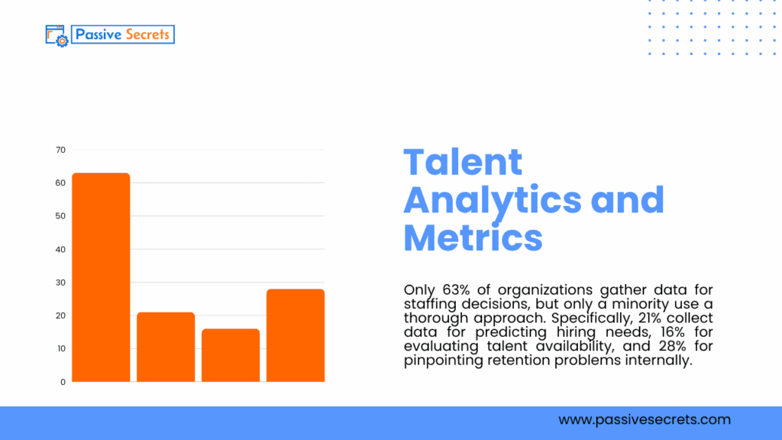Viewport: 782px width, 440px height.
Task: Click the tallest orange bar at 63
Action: coord(101,277)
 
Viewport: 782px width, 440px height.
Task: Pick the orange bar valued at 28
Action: coord(296,335)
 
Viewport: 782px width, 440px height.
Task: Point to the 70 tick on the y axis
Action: coord(60,150)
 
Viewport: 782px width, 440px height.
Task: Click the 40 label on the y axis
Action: coord(60,249)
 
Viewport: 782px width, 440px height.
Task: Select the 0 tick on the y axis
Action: coord(63,381)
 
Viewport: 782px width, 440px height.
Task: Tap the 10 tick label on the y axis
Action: coord(60,348)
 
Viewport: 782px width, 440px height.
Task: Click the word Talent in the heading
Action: coord(463,162)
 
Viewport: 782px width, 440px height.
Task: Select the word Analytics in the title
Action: coord(492,199)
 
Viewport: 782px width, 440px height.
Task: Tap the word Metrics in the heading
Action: coord(473,237)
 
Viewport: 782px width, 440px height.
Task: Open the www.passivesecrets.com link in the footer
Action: coord(644,419)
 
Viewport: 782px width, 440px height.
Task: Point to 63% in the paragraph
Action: coord(455,290)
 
